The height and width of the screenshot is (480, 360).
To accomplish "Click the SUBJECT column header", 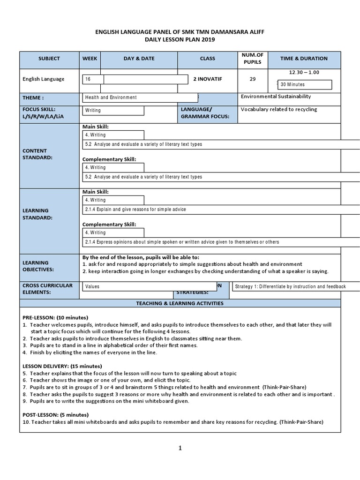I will [49, 59].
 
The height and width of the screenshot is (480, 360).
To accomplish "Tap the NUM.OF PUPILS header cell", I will [253, 58].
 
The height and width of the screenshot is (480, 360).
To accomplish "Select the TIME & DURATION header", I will [304, 59].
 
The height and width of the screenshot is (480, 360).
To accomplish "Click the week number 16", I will [88, 80].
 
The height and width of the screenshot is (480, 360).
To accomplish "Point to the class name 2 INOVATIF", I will [207, 79].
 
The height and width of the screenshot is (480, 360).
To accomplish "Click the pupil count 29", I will [253, 79].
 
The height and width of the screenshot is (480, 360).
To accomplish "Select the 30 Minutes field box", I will [305, 84].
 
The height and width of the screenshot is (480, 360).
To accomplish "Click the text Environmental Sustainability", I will [276, 97].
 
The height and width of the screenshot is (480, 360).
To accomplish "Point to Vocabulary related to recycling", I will [279, 109].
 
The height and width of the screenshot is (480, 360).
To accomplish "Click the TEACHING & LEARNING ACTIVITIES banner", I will [180, 303].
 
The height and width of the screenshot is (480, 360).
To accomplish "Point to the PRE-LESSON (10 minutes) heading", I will [55, 318].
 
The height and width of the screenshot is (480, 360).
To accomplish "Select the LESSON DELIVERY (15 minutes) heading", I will [62, 366].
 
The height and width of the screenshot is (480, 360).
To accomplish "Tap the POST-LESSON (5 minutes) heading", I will [56, 415].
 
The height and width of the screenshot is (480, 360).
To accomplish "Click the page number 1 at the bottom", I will [180, 448].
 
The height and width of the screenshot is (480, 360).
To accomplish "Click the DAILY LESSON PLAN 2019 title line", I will [180, 40].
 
